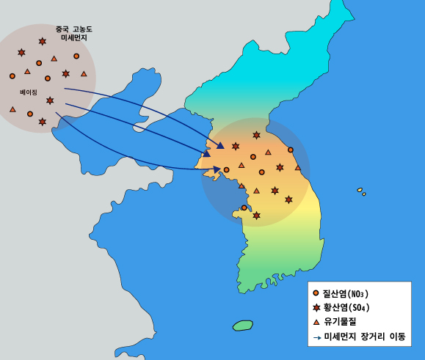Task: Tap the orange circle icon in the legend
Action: pos(316,293)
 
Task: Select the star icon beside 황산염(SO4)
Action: pos(316,308)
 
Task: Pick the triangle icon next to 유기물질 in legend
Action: pos(316,323)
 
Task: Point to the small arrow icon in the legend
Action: pos(316,338)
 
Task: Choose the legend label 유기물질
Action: pos(341,323)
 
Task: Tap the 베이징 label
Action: pos(29,92)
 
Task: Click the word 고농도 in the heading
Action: pos(82,29)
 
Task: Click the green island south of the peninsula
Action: pos(242,325)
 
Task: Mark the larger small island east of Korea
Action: pos(360,190)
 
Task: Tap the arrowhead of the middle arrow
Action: pos(207,154)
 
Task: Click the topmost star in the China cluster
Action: pos(43,41)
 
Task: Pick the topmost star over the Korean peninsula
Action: pos(256,135)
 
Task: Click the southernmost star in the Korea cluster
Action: pos(256,216)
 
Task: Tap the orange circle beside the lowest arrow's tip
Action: pos(226,170)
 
